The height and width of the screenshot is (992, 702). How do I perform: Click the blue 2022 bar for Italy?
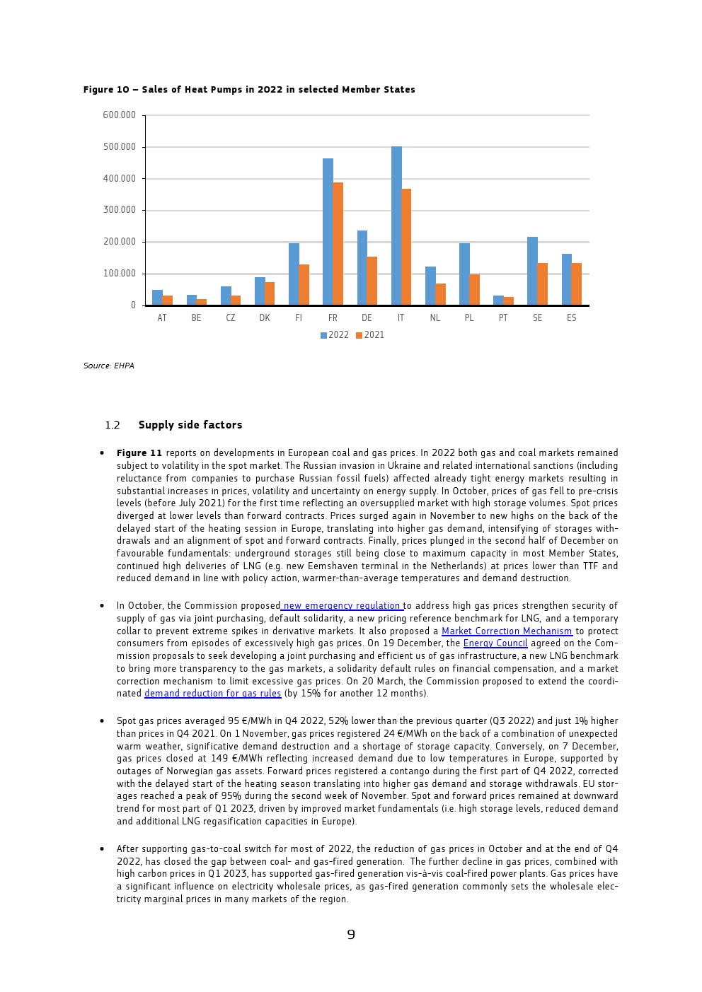click(396, 226)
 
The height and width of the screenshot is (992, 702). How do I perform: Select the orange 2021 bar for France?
click(338, 244)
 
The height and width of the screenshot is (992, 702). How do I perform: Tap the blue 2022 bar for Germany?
click(362, 268)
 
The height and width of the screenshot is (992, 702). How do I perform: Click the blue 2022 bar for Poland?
click(464, 274)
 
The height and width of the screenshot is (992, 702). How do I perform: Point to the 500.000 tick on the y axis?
click(120, 147)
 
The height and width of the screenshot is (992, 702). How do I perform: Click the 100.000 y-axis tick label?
click(120, 274)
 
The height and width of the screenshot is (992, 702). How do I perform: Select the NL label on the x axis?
click(435, 318)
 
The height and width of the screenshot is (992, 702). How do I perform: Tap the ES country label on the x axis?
click(571, 318)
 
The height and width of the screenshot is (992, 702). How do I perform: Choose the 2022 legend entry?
click(335, 335)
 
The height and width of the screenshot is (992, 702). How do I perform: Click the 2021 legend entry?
click(370, 335)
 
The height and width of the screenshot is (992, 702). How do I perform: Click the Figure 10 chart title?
click(249, 90)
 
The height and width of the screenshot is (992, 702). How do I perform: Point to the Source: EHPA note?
click(108, 366)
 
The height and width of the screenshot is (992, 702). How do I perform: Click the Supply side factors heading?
click(190, 425)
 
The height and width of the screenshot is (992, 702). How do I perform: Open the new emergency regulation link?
click(342, 606)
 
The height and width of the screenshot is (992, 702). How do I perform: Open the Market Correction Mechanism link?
click(507, 631)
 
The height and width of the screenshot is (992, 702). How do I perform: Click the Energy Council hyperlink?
click(495, 643)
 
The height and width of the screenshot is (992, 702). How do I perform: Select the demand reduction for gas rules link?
click(212, 694)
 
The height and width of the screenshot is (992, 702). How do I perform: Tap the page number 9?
click(351, 935)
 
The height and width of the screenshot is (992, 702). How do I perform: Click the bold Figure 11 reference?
click(139, 453)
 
